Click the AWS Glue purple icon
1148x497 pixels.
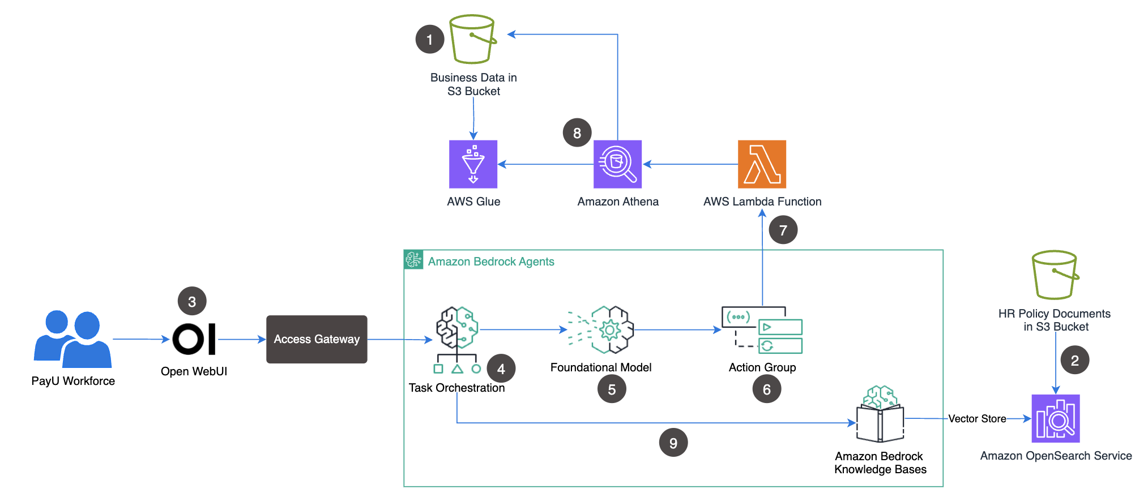coord(473,164)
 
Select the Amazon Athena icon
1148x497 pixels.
coord(617,164)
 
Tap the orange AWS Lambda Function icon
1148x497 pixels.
coord(762,164)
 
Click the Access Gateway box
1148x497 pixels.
coord(317,339)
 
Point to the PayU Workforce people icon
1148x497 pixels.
coord(72,339)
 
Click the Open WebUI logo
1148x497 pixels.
coord(194,339)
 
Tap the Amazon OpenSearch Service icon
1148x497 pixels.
coord(1056,418)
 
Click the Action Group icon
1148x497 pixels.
coord(762,330)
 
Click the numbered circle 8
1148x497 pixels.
coord(577,132)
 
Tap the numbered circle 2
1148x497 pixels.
coord(1075,360)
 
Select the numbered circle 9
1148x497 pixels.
coord(673,443)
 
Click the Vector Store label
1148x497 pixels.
coord(977,419)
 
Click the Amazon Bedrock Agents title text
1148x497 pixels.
coord(490,262)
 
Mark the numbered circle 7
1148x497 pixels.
coord(783,230)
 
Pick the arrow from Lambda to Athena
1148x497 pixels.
coord(691,164)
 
